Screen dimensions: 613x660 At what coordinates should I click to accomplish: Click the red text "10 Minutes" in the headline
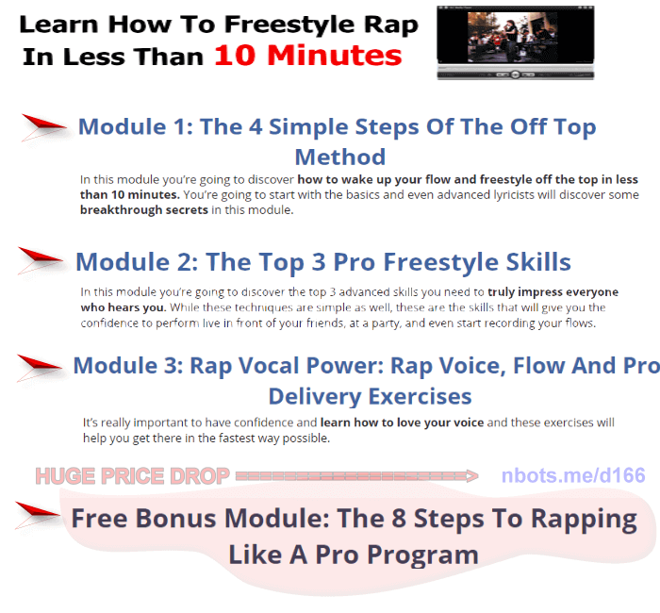[x=307, y=56]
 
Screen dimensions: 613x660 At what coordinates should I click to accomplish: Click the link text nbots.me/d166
[x=573, y=475]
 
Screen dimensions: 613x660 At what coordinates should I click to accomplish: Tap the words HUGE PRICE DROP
[x=132, y=476]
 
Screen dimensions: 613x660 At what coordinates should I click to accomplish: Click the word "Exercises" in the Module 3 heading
[x=416, y=395]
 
